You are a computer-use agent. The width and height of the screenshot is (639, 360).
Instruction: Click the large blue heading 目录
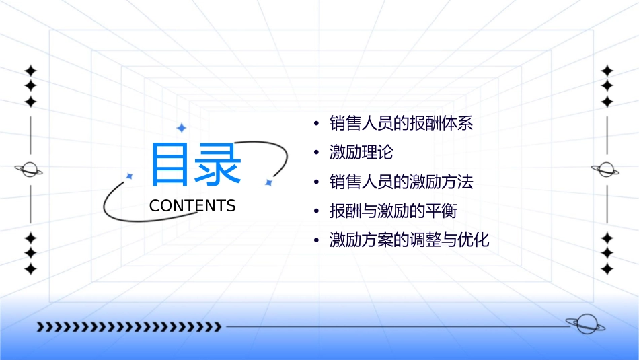pos(195,165)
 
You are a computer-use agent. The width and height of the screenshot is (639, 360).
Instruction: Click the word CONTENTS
pos(192,206)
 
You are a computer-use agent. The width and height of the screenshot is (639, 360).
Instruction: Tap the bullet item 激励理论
pos(361,153)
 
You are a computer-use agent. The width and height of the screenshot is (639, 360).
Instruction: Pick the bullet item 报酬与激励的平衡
pos(393,211)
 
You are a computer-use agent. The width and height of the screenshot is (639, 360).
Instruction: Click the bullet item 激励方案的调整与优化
pos(409,240)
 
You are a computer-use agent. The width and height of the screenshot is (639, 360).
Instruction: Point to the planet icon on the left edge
pos(29,170)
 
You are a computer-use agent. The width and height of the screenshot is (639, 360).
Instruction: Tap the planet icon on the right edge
pos(607,170)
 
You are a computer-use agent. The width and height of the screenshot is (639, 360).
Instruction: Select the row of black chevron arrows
pos(128,327)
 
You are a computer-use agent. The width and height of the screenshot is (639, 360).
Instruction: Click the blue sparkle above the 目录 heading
pos(180,128)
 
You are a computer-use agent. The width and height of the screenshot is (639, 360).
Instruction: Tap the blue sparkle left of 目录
pos(129,176)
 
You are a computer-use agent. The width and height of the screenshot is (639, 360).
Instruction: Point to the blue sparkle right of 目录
pos(268,182)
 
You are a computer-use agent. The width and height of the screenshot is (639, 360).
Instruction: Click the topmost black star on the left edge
pos(30,70)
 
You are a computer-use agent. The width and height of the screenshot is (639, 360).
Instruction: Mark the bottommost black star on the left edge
pos(30,268)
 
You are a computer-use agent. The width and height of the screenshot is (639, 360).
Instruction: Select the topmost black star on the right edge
pos(607,70)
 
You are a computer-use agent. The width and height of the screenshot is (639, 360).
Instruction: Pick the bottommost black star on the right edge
pos(607,268)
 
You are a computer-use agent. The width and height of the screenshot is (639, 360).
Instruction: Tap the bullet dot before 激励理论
pos(316,153)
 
